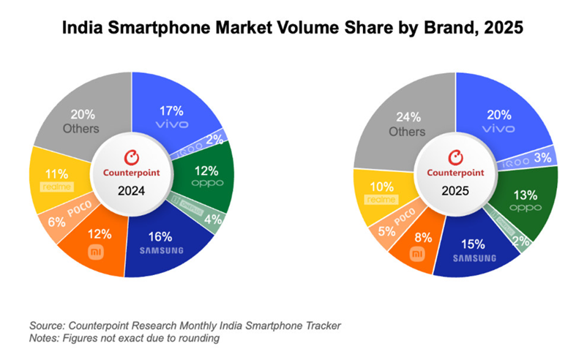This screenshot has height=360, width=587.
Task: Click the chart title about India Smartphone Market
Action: (293, 29)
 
